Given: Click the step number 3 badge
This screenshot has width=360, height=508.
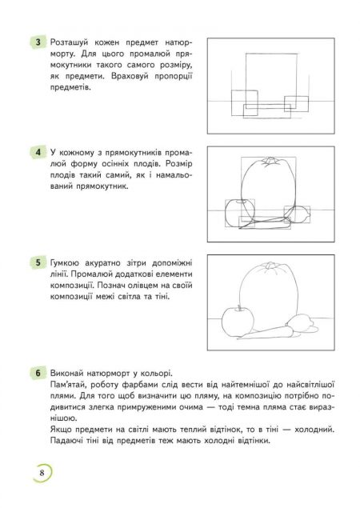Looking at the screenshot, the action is point(36,42).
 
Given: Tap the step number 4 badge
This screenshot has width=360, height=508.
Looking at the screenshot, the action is point(36,152).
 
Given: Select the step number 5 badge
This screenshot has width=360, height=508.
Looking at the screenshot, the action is point(36,262).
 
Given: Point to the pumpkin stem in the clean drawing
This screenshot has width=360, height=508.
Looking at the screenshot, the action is point(269,265).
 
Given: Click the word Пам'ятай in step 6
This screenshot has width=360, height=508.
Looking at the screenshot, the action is point(70,385).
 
